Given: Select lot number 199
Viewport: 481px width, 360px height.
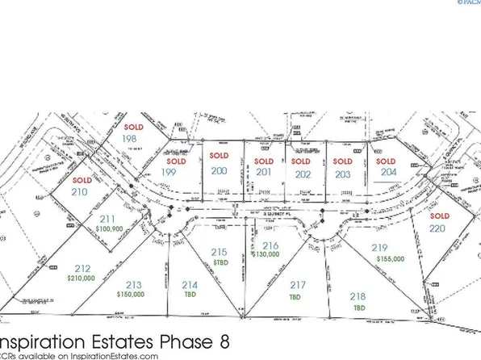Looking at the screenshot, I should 168,171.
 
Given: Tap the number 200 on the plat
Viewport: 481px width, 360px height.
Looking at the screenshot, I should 218,171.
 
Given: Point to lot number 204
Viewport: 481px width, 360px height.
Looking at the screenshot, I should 387,172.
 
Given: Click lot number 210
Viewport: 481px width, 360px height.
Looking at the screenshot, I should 80,193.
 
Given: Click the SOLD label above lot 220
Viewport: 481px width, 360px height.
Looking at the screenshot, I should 439,217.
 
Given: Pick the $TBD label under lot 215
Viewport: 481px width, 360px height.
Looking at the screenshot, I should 218,263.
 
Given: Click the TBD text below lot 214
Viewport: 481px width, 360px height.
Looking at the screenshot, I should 190,295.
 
